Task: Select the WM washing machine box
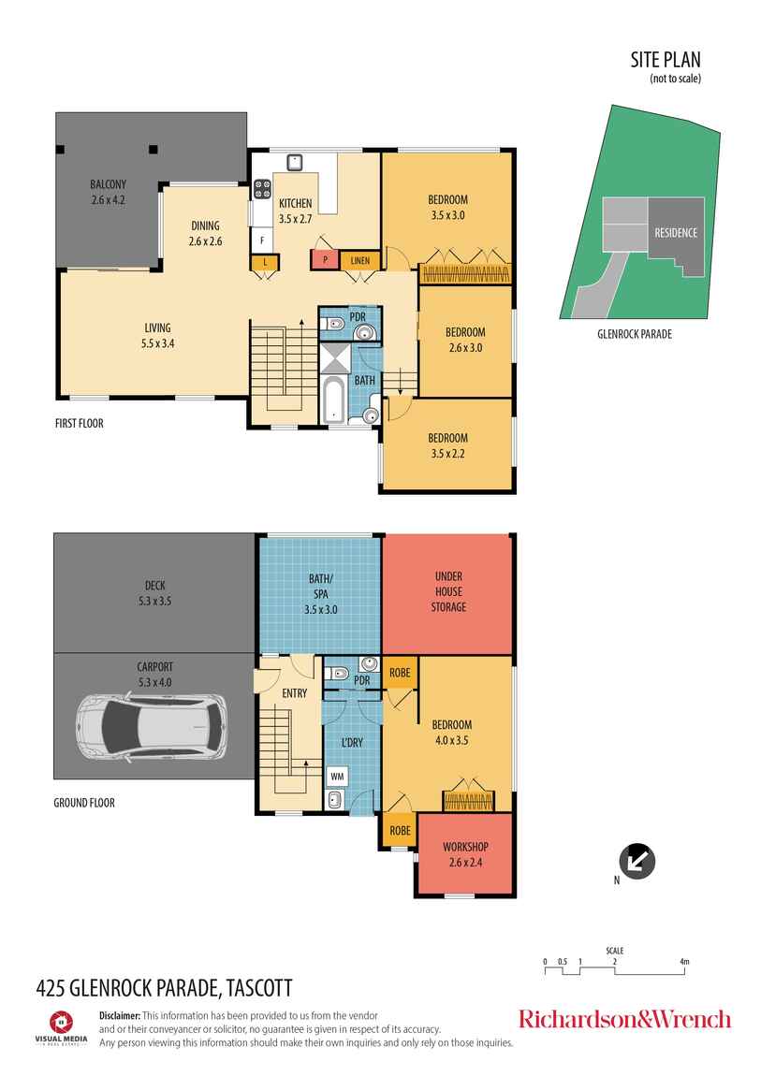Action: pyautogui.click(x=336, y=776)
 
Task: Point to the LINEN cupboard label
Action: pyautogui.click(x=358, y=260)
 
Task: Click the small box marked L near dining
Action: pyautogui.click(x=265, y=262)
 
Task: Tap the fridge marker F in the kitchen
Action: pyautogui.click(x=262, y=239)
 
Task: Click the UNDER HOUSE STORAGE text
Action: pyautogui.click(x=448, y=592)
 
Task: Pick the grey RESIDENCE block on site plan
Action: pyautogui.click(x=675, y=233)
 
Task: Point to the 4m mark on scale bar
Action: pyautogui.click(x=685, y=962)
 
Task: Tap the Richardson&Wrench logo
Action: pyautogui.click(x=624, y=1019)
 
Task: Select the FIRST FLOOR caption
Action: pyautogui.click(x=79, y=424)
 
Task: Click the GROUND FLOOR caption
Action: pyautogui.click(x=84, y=803)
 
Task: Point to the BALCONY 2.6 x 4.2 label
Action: pyautogui.click(x=108, y=191)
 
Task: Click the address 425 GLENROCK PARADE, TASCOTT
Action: pyautogui.click(x=164, y=987)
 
